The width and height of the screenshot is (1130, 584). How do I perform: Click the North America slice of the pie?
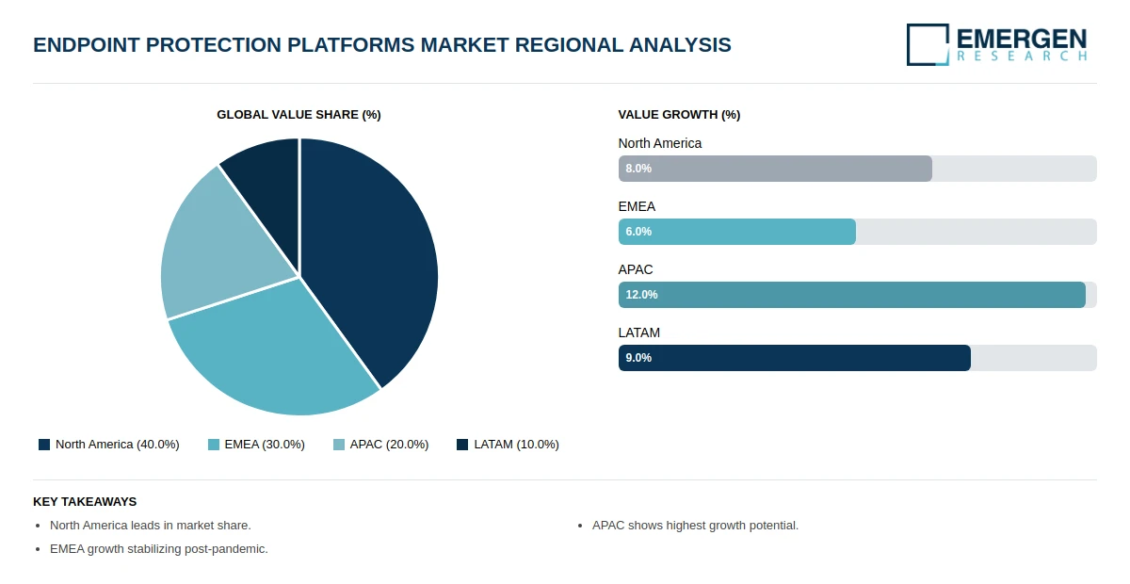(x=372, y=254)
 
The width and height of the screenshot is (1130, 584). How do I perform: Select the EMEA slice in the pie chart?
(x=273, y=353)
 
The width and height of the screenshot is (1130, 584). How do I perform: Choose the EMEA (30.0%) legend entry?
(x=256, y=445)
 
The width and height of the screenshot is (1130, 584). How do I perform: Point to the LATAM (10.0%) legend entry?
(x=508, y=445)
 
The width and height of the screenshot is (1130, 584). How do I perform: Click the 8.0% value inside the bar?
(x=638, y=169)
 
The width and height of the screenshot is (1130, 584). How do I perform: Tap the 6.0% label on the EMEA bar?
(x=638, y=232)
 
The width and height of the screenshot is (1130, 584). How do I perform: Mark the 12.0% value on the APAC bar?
(x=641, y=295)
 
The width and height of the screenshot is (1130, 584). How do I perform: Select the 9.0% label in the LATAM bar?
(x=638, y=358)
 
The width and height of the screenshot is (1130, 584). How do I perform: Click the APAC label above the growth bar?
(x=636, y=269)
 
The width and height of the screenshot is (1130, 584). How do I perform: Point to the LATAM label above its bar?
(x=638, y=333)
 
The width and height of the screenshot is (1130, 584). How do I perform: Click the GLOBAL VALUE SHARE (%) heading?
(x=299, y=115)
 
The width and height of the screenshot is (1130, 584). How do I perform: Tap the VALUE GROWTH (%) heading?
(x=679, y=115)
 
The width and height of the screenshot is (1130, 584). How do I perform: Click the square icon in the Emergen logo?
(x=928, y=44)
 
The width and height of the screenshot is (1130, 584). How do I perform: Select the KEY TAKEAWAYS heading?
(x=85, y=502)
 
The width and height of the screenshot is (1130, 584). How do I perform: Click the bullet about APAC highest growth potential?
(x=695, y=526)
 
